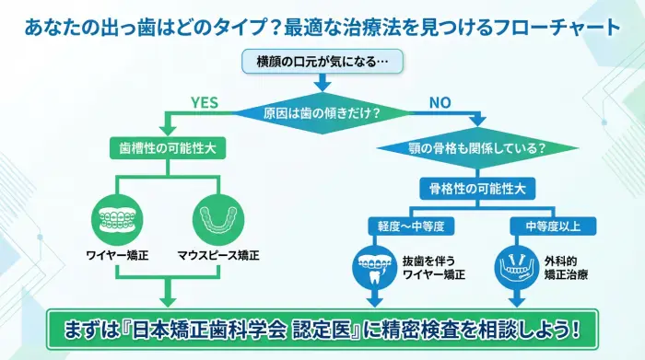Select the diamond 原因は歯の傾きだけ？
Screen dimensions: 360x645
coord(322,114)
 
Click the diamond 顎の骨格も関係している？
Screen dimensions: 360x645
coord(477,147)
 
